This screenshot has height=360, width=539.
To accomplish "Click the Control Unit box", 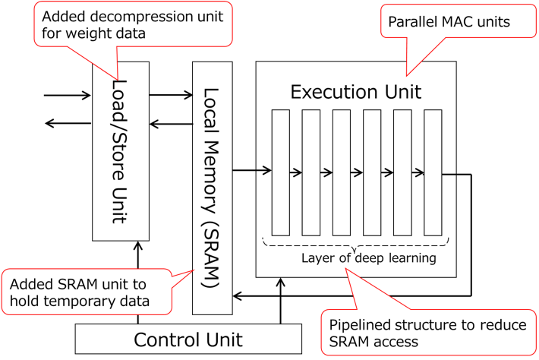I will [x=188, y=339].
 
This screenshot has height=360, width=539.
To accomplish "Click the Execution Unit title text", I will [x=355, y=93].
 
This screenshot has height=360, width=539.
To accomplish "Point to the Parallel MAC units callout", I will [x=449, y=22].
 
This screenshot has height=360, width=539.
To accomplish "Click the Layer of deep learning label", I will [x=368, y=258].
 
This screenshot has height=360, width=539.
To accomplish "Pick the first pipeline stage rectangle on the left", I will [x=281, y=172].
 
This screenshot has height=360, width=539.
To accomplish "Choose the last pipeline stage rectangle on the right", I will [x=433, y=172].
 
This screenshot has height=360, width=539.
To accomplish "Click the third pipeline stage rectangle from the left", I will [x=342, y=172].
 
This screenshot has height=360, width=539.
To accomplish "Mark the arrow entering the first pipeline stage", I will [x=263, y=171].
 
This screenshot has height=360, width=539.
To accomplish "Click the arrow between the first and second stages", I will [x=295, y=172].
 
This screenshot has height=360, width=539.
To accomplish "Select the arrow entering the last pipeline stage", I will [x=417, y=172].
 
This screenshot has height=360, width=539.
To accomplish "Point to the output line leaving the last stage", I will [x=449, y=174].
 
